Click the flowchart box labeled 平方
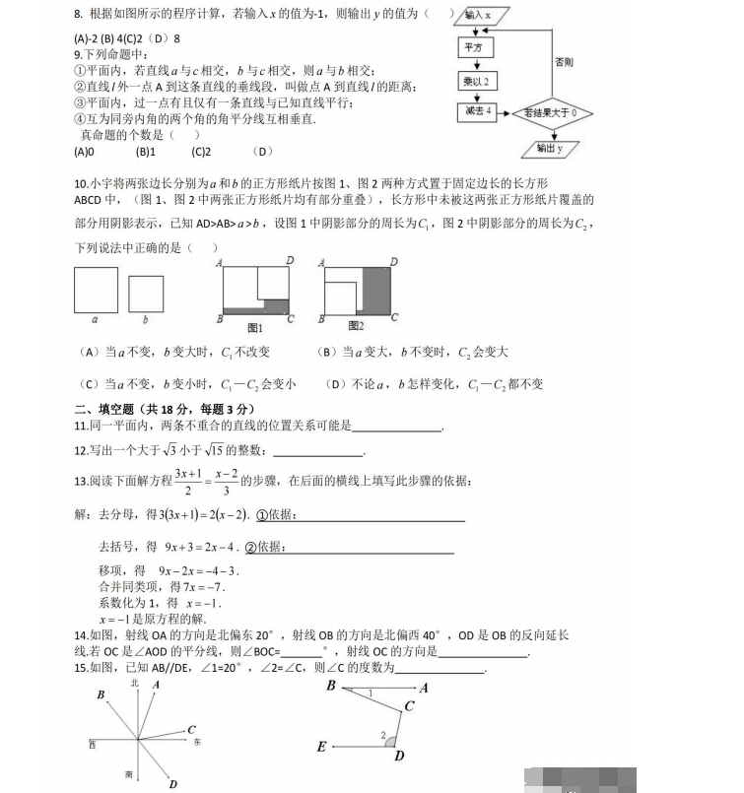[x=472, y=47]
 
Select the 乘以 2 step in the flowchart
[x=474, y=81]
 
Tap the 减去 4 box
[x=474, y=112]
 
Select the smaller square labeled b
[x=146, y=294]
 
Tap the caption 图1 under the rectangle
[x=254, y=326]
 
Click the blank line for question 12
[x=317, y=453]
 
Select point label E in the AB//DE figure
[x=321, y=748]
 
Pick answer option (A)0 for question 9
[x=84, y=152]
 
